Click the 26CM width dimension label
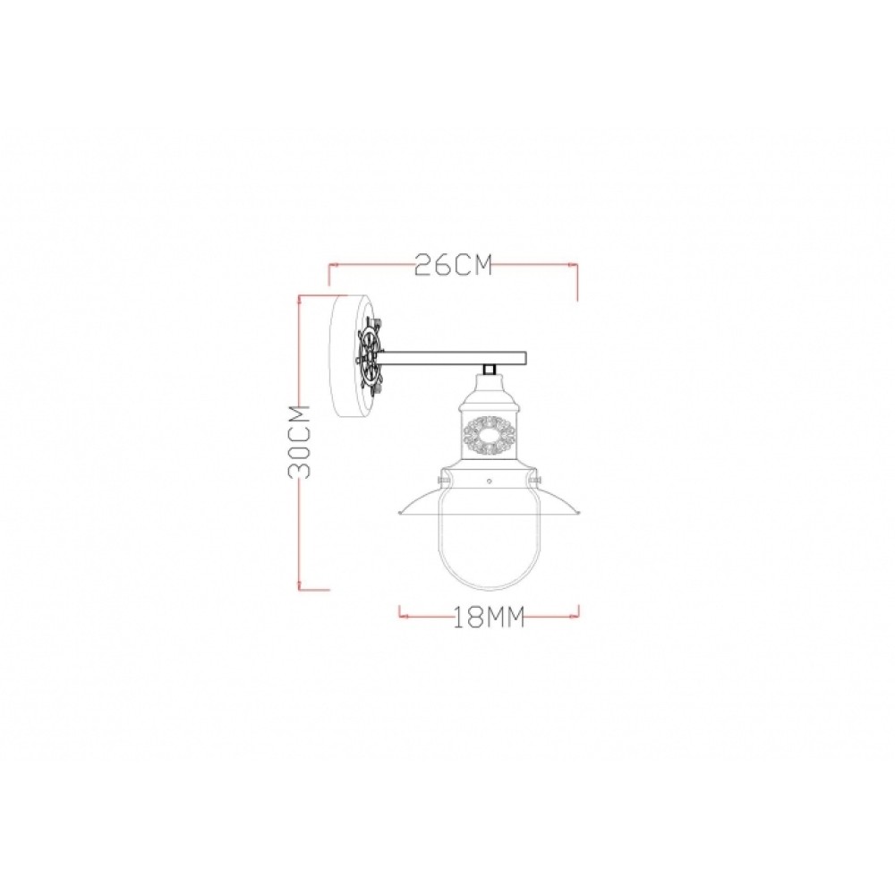(453, 265)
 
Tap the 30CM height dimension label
(299, 441)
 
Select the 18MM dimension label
(489, 617)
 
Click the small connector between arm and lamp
(489, 370)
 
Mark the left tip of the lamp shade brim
(397, 513)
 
